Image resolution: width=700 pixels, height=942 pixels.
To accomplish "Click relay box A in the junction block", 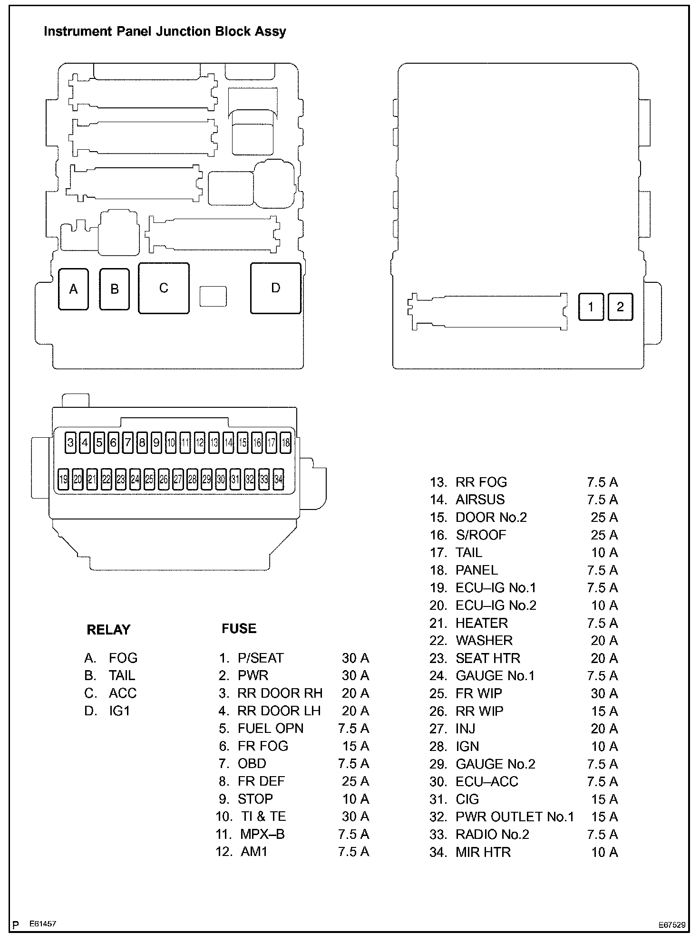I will click(x=73, y=289).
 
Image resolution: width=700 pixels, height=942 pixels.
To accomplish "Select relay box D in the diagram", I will click(x=275, y=288).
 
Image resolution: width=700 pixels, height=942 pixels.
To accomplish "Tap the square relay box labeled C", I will click(x=164, y=288).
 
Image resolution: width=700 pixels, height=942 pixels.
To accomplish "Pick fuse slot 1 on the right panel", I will click(x=591, y=307).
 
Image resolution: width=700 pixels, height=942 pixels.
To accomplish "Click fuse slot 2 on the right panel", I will click(x=620, y=307).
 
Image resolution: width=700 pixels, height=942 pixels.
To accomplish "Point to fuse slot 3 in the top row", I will click(x=71, y=443).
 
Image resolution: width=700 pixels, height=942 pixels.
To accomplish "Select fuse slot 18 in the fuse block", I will click(x=286, y=443).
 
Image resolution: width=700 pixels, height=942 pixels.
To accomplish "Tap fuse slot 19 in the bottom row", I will click(x=63, y=479).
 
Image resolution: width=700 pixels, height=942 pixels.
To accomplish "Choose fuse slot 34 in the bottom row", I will click(x=279, y=479).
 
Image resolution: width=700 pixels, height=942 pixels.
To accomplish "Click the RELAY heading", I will click(x=108, y=630).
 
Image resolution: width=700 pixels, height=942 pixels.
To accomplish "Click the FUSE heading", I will click(x=239, y=629).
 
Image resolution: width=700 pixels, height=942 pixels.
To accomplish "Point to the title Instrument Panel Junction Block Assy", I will click(x=165, y=32).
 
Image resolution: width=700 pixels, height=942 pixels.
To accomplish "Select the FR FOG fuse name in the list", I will click(x=262, y=746).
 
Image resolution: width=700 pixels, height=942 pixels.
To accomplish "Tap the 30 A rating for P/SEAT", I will click(x=355, y=658).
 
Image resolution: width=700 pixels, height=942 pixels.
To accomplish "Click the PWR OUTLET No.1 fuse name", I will click(x=515, y=817).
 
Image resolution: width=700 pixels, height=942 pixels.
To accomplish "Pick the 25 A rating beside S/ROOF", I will click(x=604, y=535).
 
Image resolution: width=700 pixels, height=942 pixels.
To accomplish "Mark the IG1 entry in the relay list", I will click(x=119, y=711).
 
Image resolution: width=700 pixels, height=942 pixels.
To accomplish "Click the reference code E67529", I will click(x=672, y=925).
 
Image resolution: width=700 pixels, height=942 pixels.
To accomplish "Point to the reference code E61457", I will click(x=43, y=924).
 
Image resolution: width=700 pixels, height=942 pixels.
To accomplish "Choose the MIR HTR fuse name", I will click(x=483, y=852).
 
